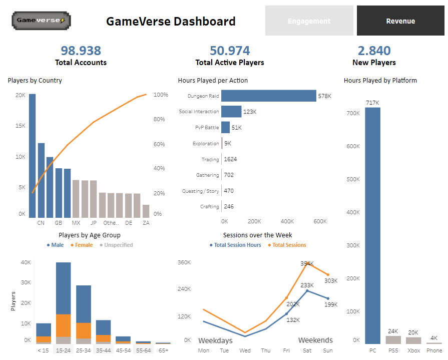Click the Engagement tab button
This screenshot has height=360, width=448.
(309, 21)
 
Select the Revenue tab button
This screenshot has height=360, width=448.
(400, 21)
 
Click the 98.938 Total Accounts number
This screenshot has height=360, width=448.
(81, 51)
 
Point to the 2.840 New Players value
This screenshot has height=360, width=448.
(374, 51)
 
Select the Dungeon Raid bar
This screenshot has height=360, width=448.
(268, 96)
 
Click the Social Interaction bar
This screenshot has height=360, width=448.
(231, 112)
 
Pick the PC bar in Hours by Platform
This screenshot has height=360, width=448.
(372, 225)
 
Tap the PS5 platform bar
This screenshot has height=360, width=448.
(393, 339)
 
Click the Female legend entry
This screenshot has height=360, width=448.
(81, 245)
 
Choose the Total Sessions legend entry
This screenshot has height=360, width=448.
(287, 245)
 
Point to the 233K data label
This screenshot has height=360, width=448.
(307, 285)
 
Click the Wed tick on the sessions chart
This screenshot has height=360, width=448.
(245, 350)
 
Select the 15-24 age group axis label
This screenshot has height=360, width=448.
(63, 350)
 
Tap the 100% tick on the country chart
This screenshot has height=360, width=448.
(161, 95)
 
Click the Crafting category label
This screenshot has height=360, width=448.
(209, 207)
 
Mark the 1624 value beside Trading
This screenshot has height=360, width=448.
(230, 159)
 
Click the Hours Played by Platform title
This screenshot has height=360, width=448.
(380, 80)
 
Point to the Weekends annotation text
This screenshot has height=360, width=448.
(315, 340)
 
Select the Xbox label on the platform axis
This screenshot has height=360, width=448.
(413, 350)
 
